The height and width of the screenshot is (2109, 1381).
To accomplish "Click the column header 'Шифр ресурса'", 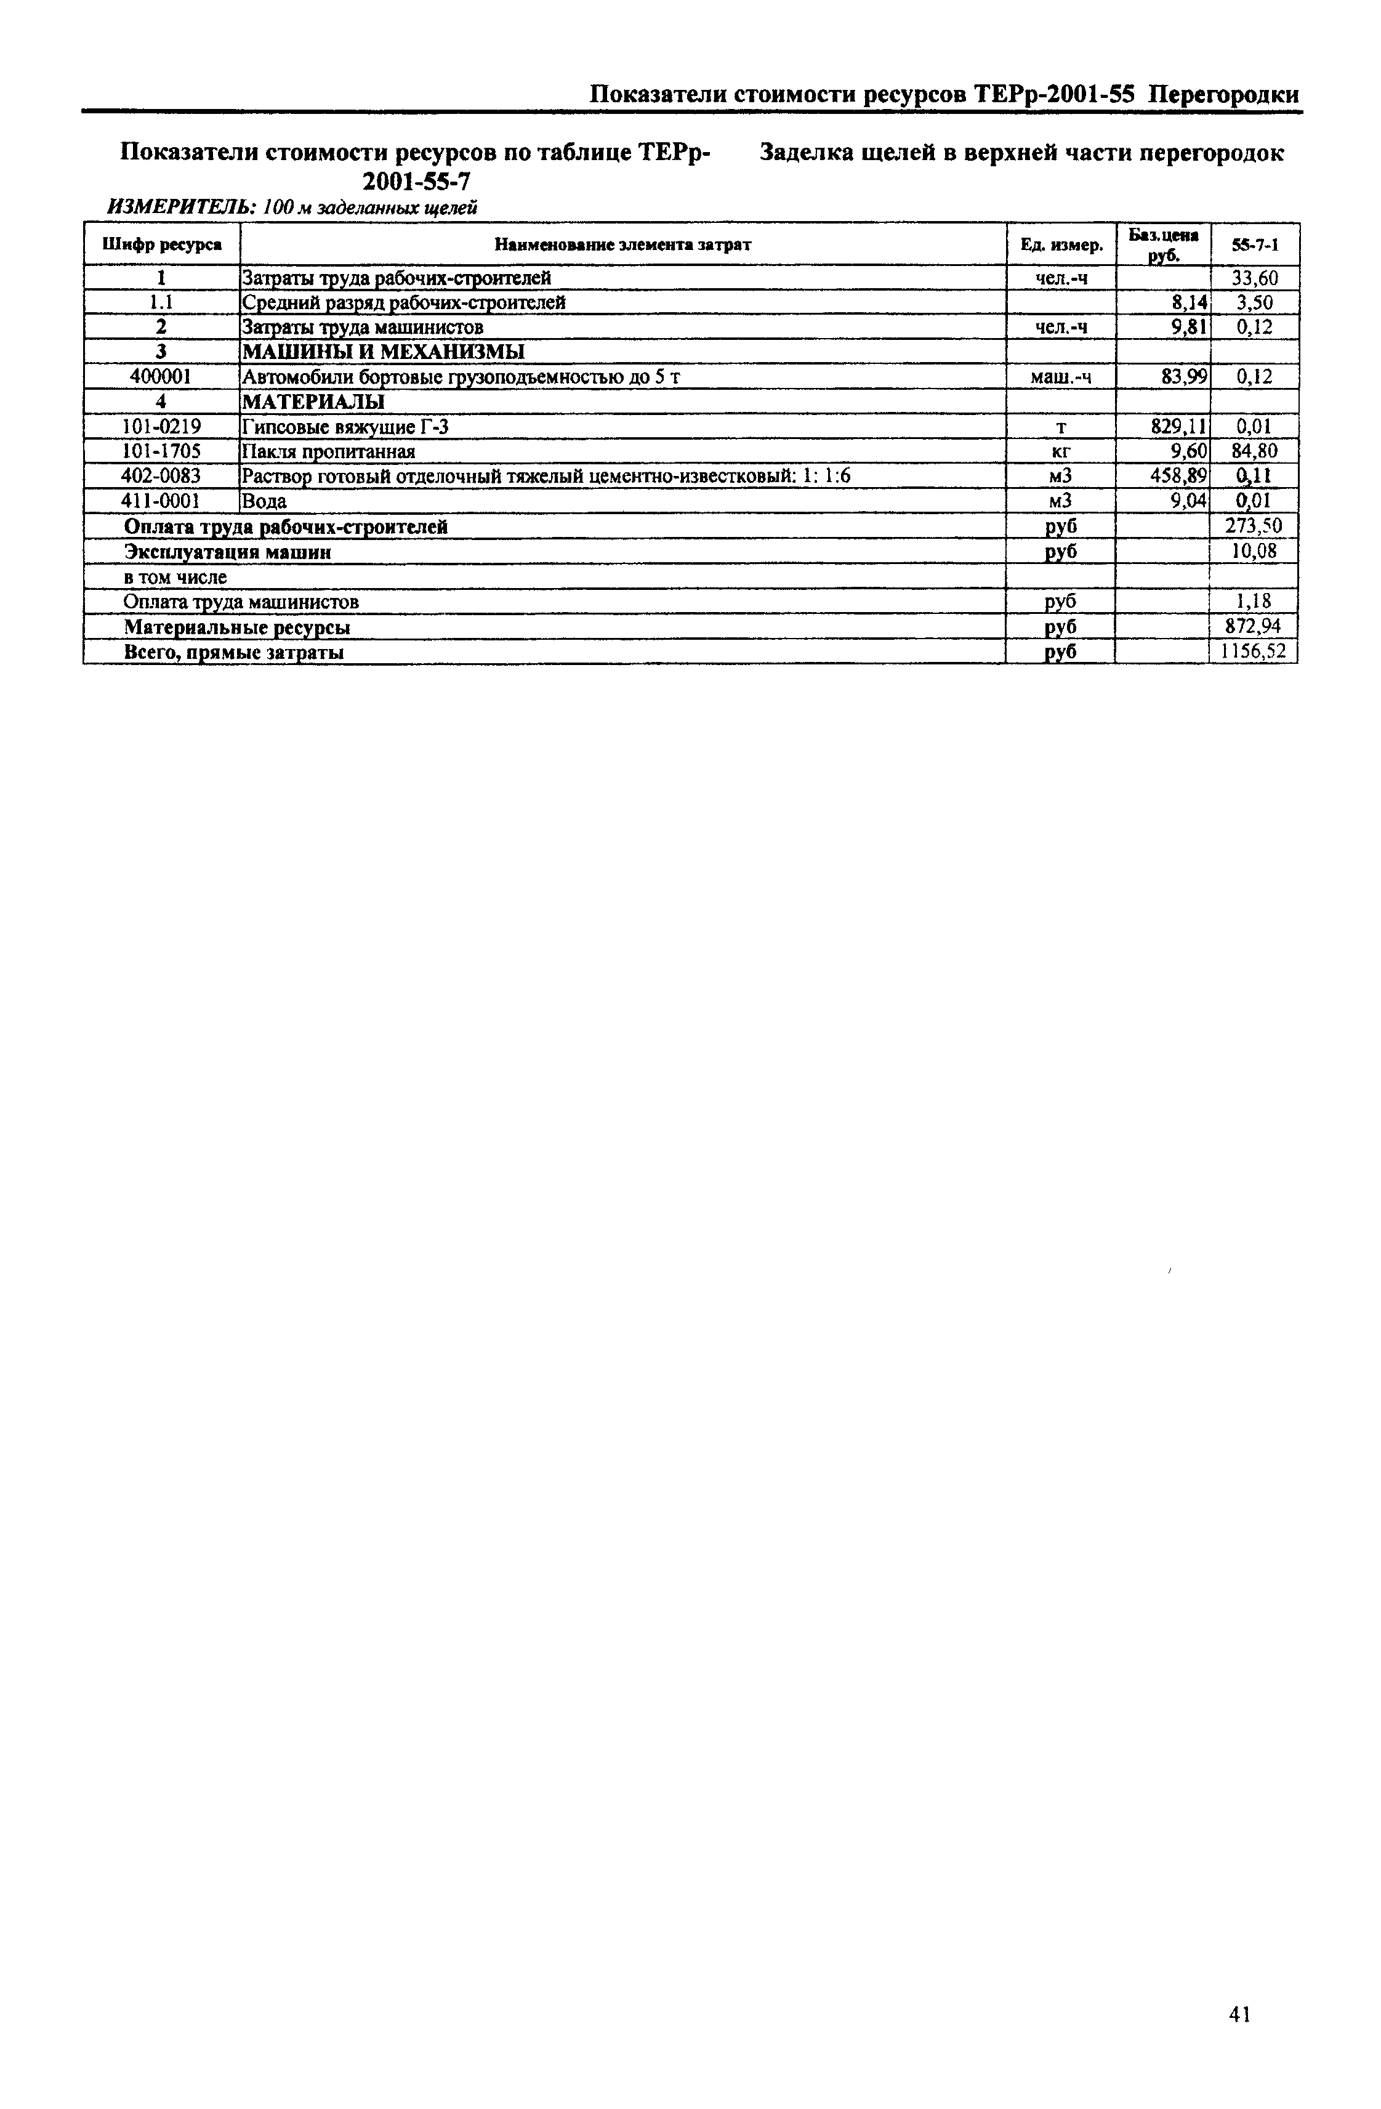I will pos(161,244).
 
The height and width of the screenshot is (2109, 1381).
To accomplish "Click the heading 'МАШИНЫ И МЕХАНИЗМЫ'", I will pos(383,352).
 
